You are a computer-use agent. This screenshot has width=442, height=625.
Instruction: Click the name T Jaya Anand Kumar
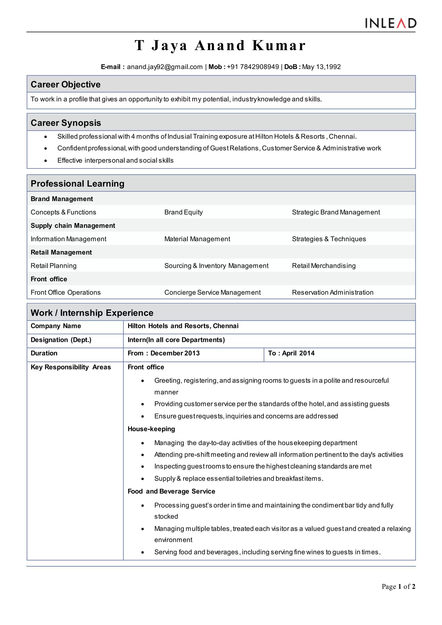tap(220, 46)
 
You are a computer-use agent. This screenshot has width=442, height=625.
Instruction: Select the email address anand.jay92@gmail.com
tap(165, 67)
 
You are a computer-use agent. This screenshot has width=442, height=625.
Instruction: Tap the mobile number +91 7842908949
tap(253, 67)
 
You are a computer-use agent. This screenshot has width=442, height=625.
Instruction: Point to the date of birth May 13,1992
tap(321, 67)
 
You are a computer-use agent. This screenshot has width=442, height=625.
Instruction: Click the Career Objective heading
tap(66, 84)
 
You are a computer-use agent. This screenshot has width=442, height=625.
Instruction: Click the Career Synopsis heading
tap(66, 123)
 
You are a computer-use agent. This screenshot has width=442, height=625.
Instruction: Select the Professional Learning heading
tap(77, 183)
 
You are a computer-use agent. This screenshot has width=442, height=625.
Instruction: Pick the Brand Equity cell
tap(183, 212)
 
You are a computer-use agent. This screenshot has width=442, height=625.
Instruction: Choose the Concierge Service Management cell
tap(212, 292)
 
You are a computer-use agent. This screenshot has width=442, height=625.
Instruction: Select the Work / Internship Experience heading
tap(92, 313)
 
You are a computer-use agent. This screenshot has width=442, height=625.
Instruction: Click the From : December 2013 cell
tap(164, 353)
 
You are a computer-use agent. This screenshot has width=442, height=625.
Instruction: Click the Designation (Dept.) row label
tap(61, 340)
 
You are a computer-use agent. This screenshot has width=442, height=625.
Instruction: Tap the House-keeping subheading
tap(151, 429)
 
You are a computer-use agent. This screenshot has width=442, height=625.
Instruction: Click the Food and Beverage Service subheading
tap(171, 491)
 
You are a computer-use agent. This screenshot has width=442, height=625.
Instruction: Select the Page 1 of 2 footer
tap(398, 587)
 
